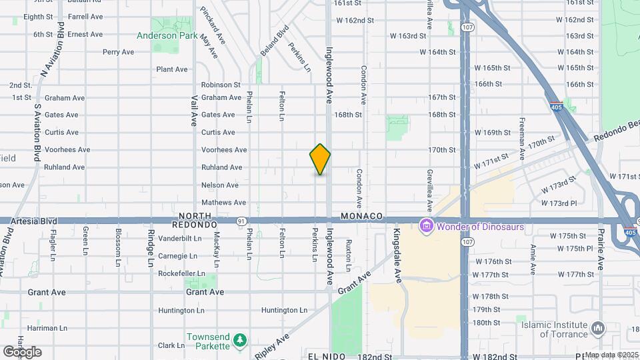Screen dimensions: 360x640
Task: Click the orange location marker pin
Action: click(320, 159)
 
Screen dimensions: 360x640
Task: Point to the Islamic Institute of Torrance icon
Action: click(598, 329)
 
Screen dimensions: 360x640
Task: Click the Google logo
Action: click(22, 352)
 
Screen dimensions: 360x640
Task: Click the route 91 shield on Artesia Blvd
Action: click(241, 221)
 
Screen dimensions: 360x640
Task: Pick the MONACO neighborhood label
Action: click(361, 217)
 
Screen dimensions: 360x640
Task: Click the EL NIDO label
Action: click(327, 357)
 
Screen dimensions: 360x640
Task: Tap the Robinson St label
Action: click(221, 85)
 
